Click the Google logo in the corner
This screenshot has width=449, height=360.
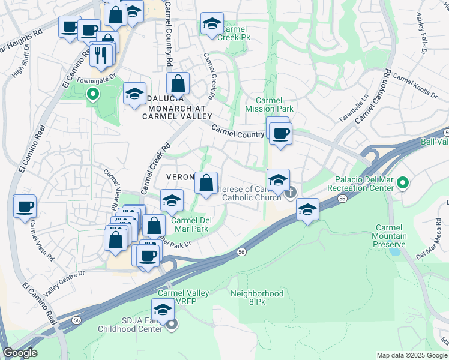point(20,353)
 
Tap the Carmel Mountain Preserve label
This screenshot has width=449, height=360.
point(391,236)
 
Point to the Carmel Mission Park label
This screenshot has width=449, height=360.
point(270,105)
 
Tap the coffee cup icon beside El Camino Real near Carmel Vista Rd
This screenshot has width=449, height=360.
point(25,207)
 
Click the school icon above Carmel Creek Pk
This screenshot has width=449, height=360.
point(212,23)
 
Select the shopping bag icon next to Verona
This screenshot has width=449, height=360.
point(206,183)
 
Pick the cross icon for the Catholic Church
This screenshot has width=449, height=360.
point(291,193)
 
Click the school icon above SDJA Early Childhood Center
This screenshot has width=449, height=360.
point(162,310)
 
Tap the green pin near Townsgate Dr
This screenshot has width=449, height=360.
point(92,94)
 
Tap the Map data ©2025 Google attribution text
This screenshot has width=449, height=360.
point(412,355)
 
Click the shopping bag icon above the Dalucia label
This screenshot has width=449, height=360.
point(178,83)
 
